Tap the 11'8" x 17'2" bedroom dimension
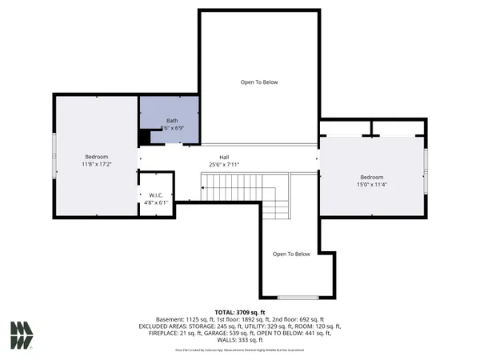click(x=97, y=164)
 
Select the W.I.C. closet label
click(x=157, y=194)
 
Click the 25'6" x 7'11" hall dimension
click(x=225, y=165)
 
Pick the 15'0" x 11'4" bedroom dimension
click(x=371, y=184)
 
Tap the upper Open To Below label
click(x=259, y=82)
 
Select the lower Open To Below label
click(x=291, y=254)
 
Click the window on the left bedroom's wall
click(x=54, y=155)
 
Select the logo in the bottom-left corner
click(x=22, y=334)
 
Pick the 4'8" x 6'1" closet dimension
click(x=157, y=202)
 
